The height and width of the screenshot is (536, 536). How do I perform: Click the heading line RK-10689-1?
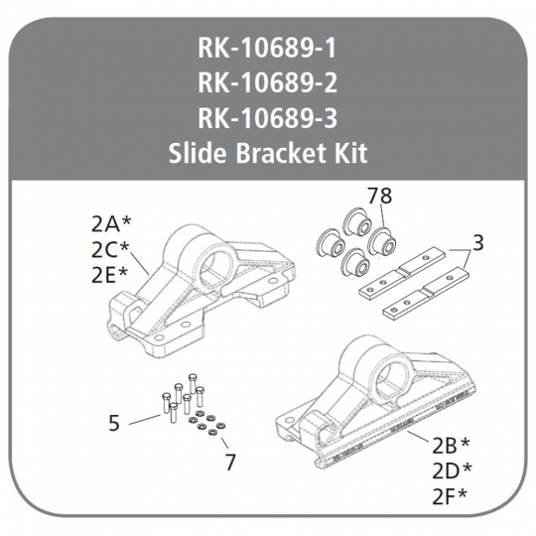pyautogui.click(x=267, y=49)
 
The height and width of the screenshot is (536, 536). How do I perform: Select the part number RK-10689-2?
pyautogui.click(x=267, y=83)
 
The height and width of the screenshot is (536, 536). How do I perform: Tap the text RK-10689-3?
pyautogui.click(x=267, y=118)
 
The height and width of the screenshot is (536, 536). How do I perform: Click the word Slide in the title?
pyautogui.click(x=198, y=153)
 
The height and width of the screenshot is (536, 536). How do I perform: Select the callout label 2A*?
pyautogui.click(x=111, y=224)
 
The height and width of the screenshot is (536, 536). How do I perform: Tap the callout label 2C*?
pyautogui.click(x=111, y=250)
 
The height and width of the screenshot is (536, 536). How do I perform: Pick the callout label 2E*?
pyautogui.click(x=110, y=276)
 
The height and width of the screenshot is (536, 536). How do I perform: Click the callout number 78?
pyautogui.click(x=379, y=197)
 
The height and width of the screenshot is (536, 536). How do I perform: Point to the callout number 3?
pyautogui.click(x=478, y=243)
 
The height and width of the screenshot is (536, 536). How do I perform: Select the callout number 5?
pyautogui.click(x=114, y=423)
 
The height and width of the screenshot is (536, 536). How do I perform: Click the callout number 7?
pyautogui.click(x=230, y=462)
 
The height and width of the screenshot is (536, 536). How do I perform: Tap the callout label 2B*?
pyautogui.click(x=452, y=446)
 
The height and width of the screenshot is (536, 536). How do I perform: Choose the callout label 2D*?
pyautogui.click(x=452, y=471)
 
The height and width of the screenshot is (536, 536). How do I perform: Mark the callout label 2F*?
pyautogui.click(x=450, y=496)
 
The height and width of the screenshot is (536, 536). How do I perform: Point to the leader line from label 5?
pyautogui.click(x=145, y=420)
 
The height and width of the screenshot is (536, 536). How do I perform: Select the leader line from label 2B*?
pyautogui.click(x=418, y=437)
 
